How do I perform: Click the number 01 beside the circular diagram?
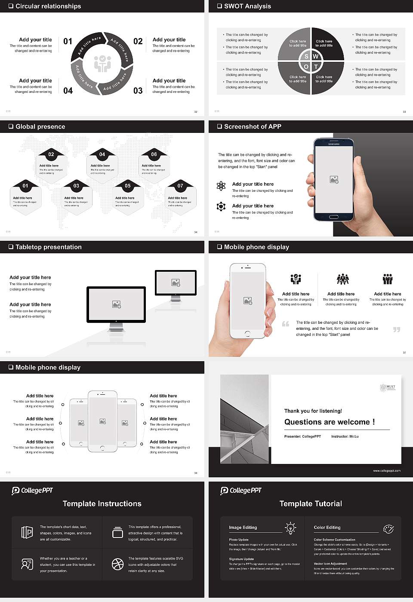68,41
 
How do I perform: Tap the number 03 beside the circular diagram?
138,91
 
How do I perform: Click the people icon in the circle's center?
102,63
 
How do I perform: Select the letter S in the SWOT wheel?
306,56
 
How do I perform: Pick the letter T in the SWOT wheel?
316,67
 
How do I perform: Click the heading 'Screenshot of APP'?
253,126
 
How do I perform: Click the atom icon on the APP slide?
221,186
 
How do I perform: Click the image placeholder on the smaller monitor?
176,283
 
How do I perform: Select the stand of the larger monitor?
116,327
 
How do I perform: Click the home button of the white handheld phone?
247,333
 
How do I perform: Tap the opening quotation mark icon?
286,324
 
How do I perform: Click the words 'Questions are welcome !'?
329,422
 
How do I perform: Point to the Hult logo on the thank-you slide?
387,387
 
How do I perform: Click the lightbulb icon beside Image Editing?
290,528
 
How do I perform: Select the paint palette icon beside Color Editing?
388,528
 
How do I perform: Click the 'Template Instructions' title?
102,504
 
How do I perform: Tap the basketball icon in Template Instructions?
117,564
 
